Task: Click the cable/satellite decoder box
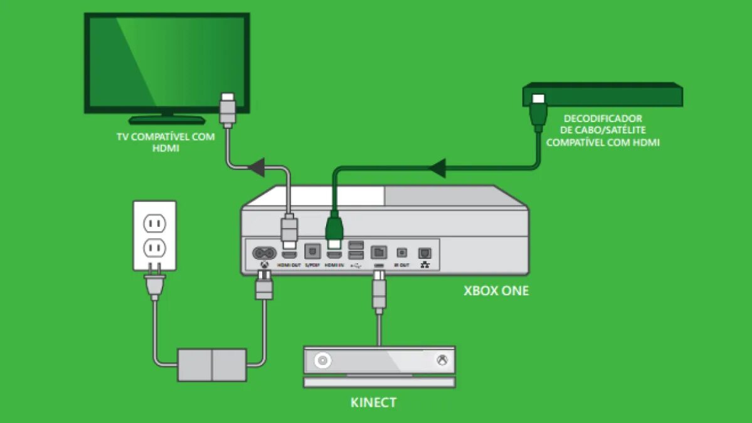pos(603,95)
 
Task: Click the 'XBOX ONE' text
pos(495,291)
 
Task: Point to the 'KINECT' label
pos(373,402)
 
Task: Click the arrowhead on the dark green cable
pos(437,168)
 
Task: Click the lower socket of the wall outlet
pos(154,249)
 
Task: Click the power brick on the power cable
pos(212,365)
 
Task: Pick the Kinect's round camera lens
pos(324,361)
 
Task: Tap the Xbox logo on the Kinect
pos(442,361)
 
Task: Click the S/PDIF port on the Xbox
pos(312,252)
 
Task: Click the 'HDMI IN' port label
pos(334,266)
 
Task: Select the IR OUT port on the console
pos(402,252)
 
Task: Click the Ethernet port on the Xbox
pos(425,252)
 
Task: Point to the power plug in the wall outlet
pos(154,284)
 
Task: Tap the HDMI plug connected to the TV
pos(228,110)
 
